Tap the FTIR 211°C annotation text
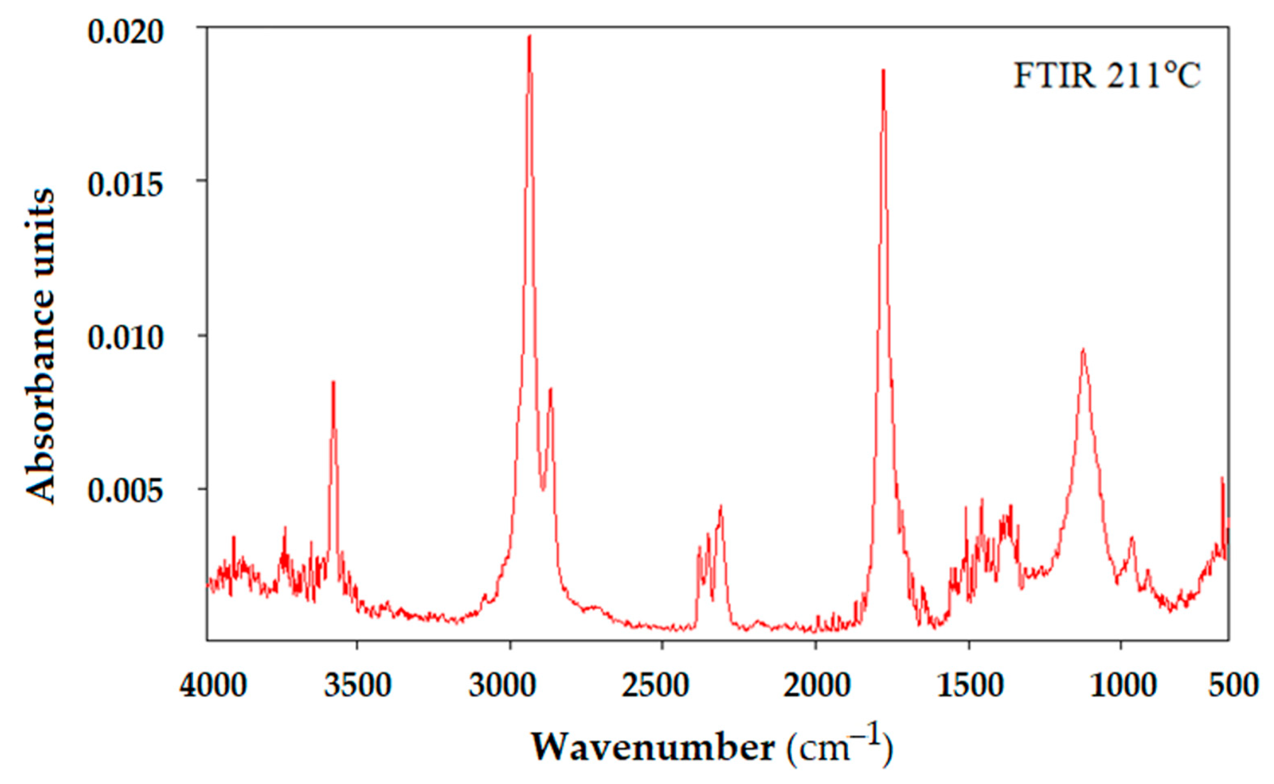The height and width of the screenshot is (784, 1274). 1106,78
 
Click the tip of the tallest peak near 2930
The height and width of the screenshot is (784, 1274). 529,36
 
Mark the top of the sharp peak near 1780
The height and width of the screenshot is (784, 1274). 883,70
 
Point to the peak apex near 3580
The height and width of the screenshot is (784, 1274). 333,382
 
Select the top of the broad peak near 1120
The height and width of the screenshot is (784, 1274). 1083,349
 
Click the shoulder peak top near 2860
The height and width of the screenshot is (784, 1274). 550,389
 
